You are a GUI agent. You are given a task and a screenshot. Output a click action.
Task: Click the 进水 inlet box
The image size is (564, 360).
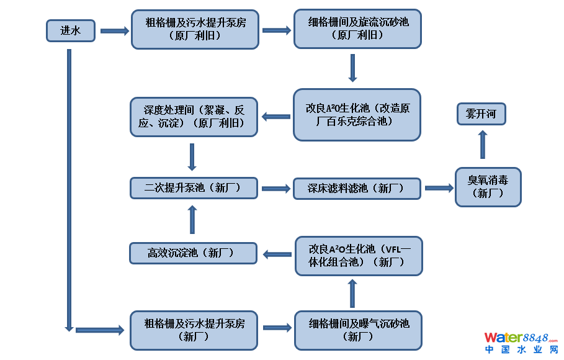[x=71, y=30]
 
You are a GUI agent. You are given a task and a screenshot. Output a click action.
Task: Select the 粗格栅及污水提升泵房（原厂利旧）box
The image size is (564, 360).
[x=195, y=29]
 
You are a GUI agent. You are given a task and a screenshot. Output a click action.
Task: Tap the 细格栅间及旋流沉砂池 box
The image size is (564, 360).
[x=357, y=29]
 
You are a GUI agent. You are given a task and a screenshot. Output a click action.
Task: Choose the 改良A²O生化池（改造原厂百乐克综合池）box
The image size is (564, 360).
[x=357, y=114]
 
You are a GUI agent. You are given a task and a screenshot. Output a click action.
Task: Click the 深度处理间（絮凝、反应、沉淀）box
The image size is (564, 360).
[x=194, y=116]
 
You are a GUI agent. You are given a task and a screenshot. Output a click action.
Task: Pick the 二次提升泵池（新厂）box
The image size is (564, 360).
[x=194, y=187]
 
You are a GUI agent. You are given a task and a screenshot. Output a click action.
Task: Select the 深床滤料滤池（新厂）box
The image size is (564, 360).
[x=357, y=188]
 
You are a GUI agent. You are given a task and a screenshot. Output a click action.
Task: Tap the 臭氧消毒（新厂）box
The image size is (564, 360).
[x=488, y=187]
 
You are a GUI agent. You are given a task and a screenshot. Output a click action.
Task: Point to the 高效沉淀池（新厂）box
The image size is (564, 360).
[x=194, y=253]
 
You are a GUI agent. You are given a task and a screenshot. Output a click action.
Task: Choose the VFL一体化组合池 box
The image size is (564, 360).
[x=358, y=255]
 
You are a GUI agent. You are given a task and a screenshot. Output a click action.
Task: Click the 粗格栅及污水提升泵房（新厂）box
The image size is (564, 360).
[x=194, y=330]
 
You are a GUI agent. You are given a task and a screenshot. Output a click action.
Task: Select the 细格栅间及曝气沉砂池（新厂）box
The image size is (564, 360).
[x=358, y=330]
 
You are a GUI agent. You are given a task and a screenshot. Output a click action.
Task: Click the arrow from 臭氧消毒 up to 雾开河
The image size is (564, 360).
[x=483, y=145]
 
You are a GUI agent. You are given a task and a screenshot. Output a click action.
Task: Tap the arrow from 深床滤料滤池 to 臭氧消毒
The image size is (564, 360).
[x=439, y=188]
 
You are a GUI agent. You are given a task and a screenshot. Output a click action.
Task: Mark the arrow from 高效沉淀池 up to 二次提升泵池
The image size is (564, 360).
[x=192, y=219]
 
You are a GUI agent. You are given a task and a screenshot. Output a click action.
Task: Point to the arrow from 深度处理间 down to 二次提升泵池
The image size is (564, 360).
[x=192, y=157]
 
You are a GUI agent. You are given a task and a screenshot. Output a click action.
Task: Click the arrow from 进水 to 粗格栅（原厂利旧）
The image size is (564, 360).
[x=114, y=30]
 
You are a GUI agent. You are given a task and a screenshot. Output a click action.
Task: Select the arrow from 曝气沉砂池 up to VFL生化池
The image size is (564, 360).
[x=352, y=293]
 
